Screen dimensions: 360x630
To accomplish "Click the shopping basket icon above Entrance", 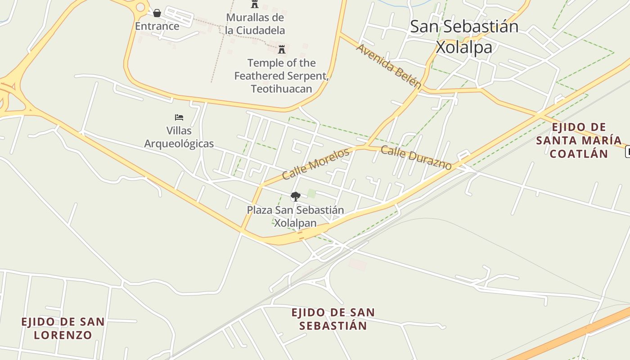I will (157, 13).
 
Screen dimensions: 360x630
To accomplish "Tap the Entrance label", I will (157, 26).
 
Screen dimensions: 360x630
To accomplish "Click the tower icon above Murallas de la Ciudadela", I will (255, 4).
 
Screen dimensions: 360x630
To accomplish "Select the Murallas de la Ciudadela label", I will (255, 24).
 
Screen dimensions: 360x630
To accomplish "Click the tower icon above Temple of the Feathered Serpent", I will (282, 49).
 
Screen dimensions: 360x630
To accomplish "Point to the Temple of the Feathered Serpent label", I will (282, 76).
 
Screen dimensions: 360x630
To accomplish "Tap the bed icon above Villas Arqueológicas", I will (179, 117).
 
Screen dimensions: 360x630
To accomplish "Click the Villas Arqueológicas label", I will (179, 137).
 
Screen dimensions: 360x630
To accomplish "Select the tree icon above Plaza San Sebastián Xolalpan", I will (295, 196).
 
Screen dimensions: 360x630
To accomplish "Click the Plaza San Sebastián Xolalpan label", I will (295, 216).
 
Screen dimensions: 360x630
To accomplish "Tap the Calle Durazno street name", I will (416, 157).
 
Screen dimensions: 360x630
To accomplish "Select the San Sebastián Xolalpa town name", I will (464, 36).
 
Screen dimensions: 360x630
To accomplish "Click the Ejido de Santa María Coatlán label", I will (579, 140).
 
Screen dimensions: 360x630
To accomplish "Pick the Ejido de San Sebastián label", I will (333, 319).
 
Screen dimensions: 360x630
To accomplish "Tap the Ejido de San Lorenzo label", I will (63, 328).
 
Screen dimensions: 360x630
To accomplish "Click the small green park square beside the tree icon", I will (311, 193).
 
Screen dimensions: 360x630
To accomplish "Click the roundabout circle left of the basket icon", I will (141, 7).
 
